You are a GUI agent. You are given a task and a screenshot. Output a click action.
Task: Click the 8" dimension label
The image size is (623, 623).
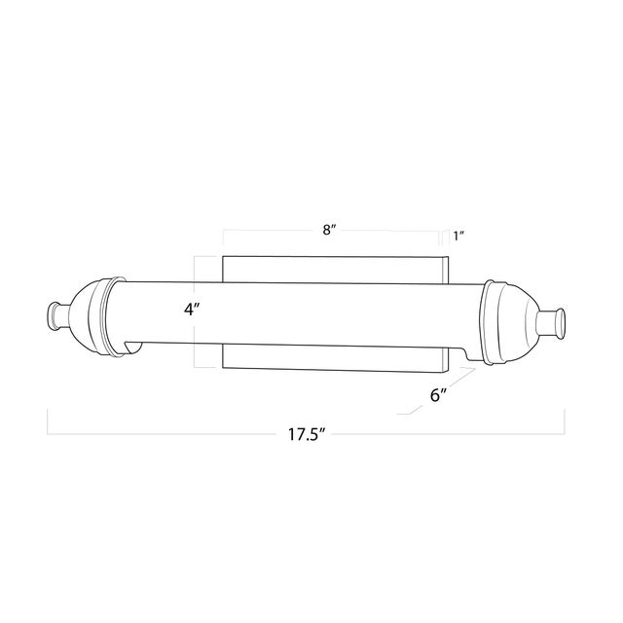pyautogui.click(x=329, y=230)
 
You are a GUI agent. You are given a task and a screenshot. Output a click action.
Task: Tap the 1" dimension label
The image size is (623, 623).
pyautogui.click(x=458, y=237)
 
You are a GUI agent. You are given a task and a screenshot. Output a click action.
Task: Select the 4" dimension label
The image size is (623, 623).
pyautogui.click(x=191, y=309)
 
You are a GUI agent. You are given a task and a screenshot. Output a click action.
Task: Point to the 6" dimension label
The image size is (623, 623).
pyautogui.click(x=439, y=395)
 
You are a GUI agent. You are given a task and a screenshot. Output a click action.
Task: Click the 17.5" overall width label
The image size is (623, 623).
pyautogui.click(x=308, y=435)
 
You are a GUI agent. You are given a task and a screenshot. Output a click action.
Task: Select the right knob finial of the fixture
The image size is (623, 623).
pyautogui.click(x=551, y=324)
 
